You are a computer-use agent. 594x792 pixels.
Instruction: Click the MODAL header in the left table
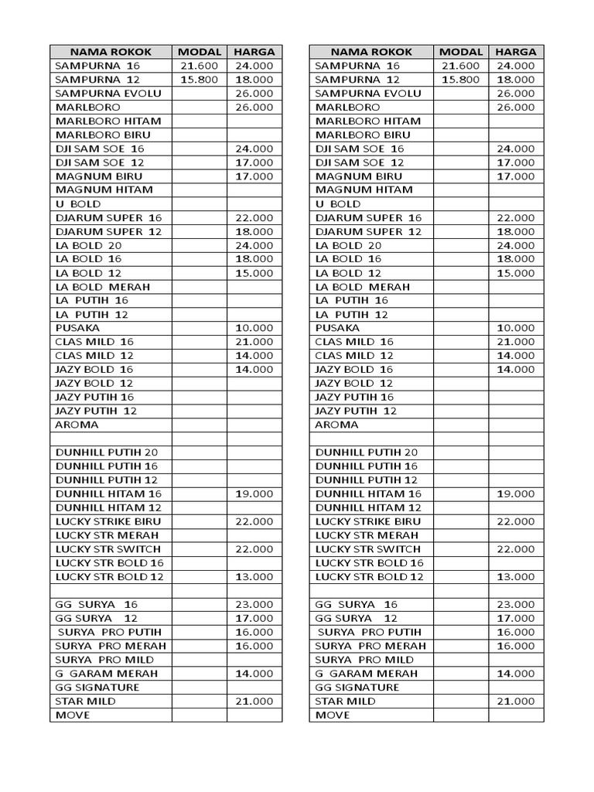click(200, 52)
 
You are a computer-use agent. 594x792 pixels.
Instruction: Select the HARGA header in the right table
click(516, 52)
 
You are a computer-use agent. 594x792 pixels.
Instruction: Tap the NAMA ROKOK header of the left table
click(111, 52)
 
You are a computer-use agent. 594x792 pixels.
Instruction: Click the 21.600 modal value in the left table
click(200, 66)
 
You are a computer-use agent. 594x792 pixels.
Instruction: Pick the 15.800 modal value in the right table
click(461, 80)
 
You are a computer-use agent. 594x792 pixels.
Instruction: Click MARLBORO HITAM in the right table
click(368, 121)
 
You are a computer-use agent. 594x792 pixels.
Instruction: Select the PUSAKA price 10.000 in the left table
click(254, 328)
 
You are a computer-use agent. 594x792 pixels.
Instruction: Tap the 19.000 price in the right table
click(516, 493)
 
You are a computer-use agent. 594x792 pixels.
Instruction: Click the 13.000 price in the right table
click(516, 577)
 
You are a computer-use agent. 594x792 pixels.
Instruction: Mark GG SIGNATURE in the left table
click(97, 687)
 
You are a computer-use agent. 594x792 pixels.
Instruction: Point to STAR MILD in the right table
click(346, 701)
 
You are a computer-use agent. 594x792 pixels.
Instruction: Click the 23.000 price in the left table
click(254, 604)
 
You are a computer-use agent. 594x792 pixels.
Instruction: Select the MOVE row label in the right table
click(333, 715)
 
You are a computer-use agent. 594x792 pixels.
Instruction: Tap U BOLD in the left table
click(78, 203)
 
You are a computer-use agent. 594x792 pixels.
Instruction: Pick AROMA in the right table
click(337, 425)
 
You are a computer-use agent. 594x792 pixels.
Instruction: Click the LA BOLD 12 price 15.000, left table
click(254, 273)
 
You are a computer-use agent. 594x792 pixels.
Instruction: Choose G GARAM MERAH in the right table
click(367, 673)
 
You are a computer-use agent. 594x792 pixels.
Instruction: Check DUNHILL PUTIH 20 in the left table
click(107, 452)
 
